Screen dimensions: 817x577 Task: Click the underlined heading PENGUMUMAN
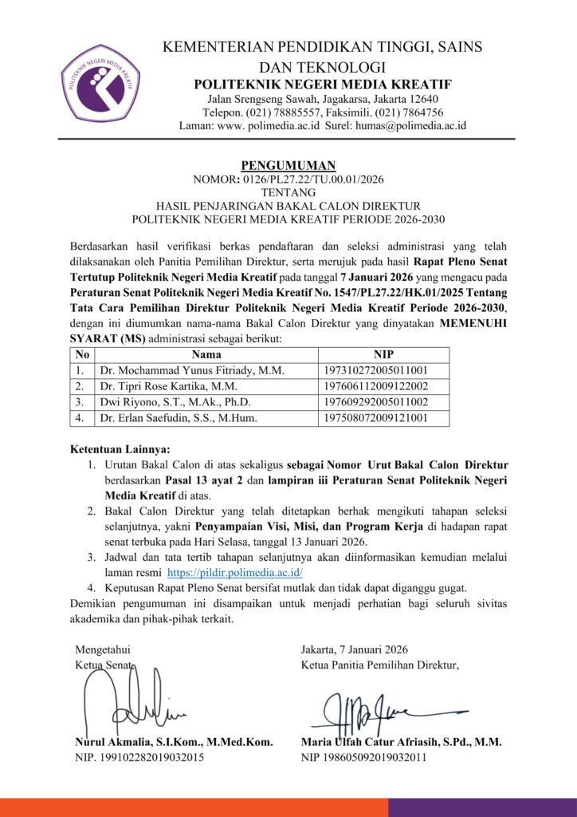pos(288,165)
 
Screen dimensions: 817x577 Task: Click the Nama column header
pos(206,354)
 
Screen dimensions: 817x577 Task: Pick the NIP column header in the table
pos(383,354)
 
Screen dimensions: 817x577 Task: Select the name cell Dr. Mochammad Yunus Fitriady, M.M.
pos(192,370)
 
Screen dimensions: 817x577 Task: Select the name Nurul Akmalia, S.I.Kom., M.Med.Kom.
pos(174,742)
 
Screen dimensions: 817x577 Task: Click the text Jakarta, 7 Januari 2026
pos(355,649)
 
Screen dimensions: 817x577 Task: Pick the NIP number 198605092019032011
pos(374,757)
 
